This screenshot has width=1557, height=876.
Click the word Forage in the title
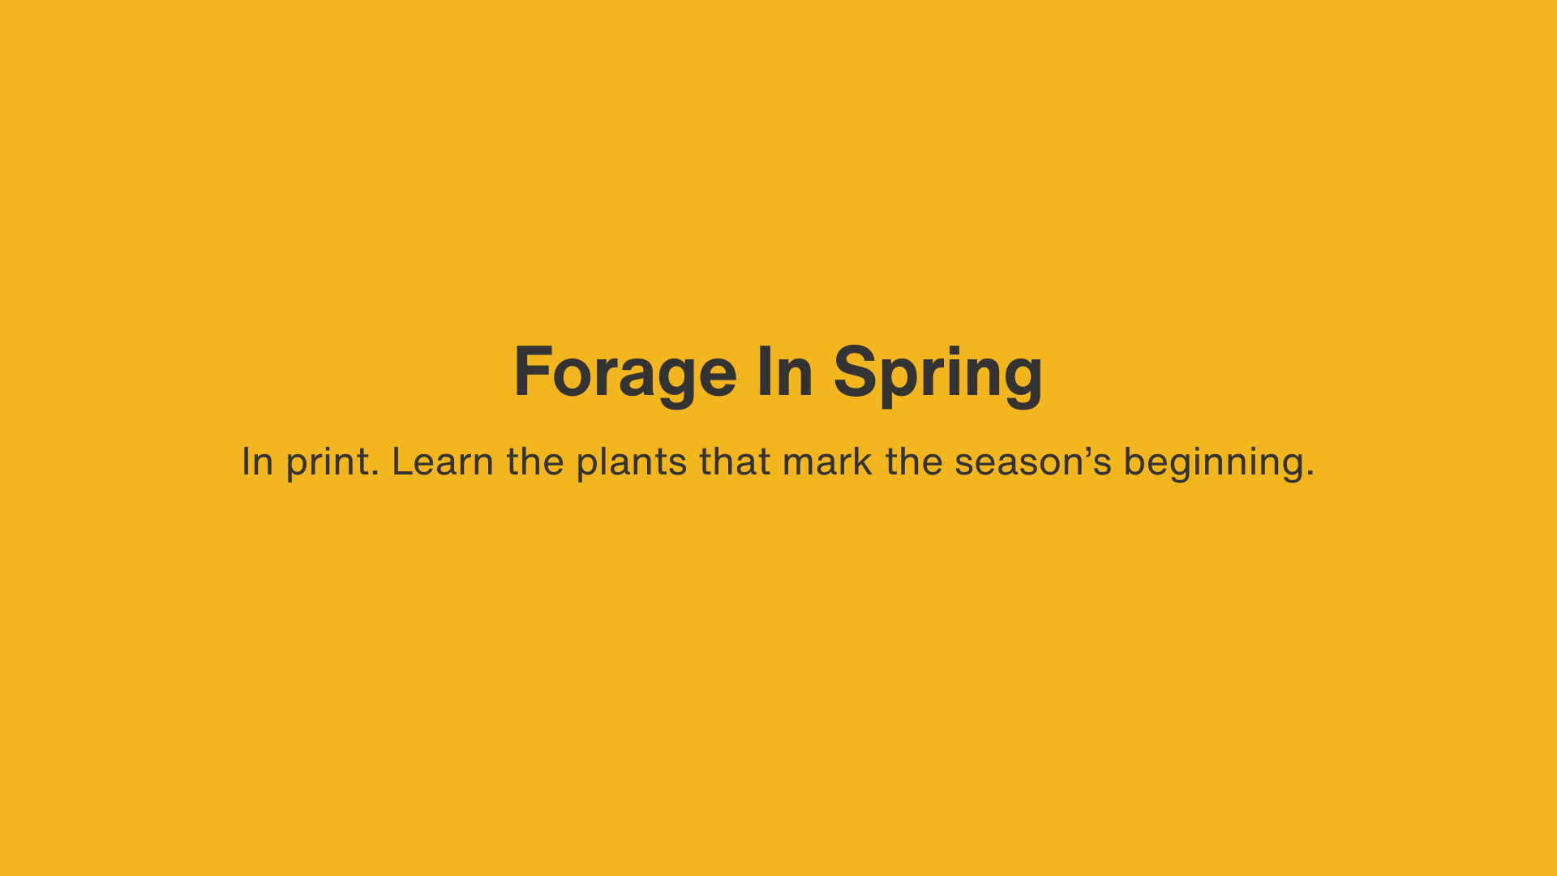click(x=625, y=373)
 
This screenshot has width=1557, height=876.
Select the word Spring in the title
click(x=937, y=373)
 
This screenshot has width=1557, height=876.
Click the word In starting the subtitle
click(x=257, y=461)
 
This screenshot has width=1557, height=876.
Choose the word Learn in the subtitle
click(x=443, y=461)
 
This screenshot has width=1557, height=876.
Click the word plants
click(x=632, y=462)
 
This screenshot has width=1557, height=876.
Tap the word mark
click(x=827, y=461)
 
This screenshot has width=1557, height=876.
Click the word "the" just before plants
click(x=535, y=461)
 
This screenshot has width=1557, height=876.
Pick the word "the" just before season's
click(x=914, y=461)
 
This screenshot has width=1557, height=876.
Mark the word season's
click(x=1033, y=462)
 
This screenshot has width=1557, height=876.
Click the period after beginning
click(x=1310, y=473)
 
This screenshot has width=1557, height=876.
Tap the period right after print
click(x=375, y=473)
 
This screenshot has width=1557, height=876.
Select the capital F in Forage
click(x=532, y=371)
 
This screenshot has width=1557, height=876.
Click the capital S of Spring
click(x=856, y=371)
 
